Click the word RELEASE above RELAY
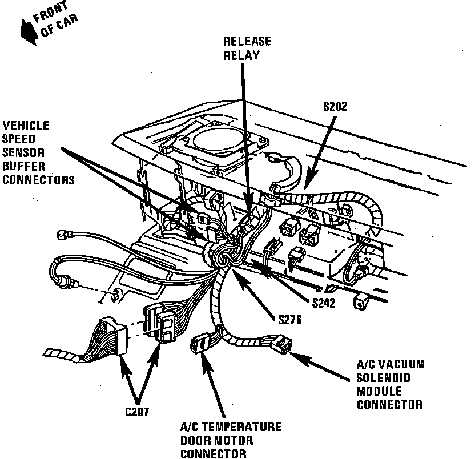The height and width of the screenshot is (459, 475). point(247,42)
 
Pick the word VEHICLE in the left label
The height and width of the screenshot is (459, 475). point(26,126)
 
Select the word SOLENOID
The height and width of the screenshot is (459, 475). point(383,378)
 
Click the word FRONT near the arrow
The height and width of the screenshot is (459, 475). point(55,16)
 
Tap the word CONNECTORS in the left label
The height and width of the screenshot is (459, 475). point(38,180)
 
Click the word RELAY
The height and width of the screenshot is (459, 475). point(241,55)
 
